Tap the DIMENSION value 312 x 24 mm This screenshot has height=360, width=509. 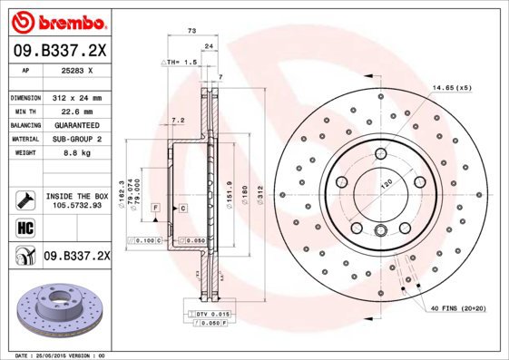(78, 97)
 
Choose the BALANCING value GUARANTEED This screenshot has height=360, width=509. (78, 124)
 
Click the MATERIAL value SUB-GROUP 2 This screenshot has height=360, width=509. (76, 139)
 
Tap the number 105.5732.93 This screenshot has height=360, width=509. (76, 205)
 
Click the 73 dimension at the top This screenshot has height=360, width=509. (191, 32)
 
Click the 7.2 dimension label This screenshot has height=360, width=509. (177, 119)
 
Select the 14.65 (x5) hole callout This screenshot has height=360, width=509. (451, 87)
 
